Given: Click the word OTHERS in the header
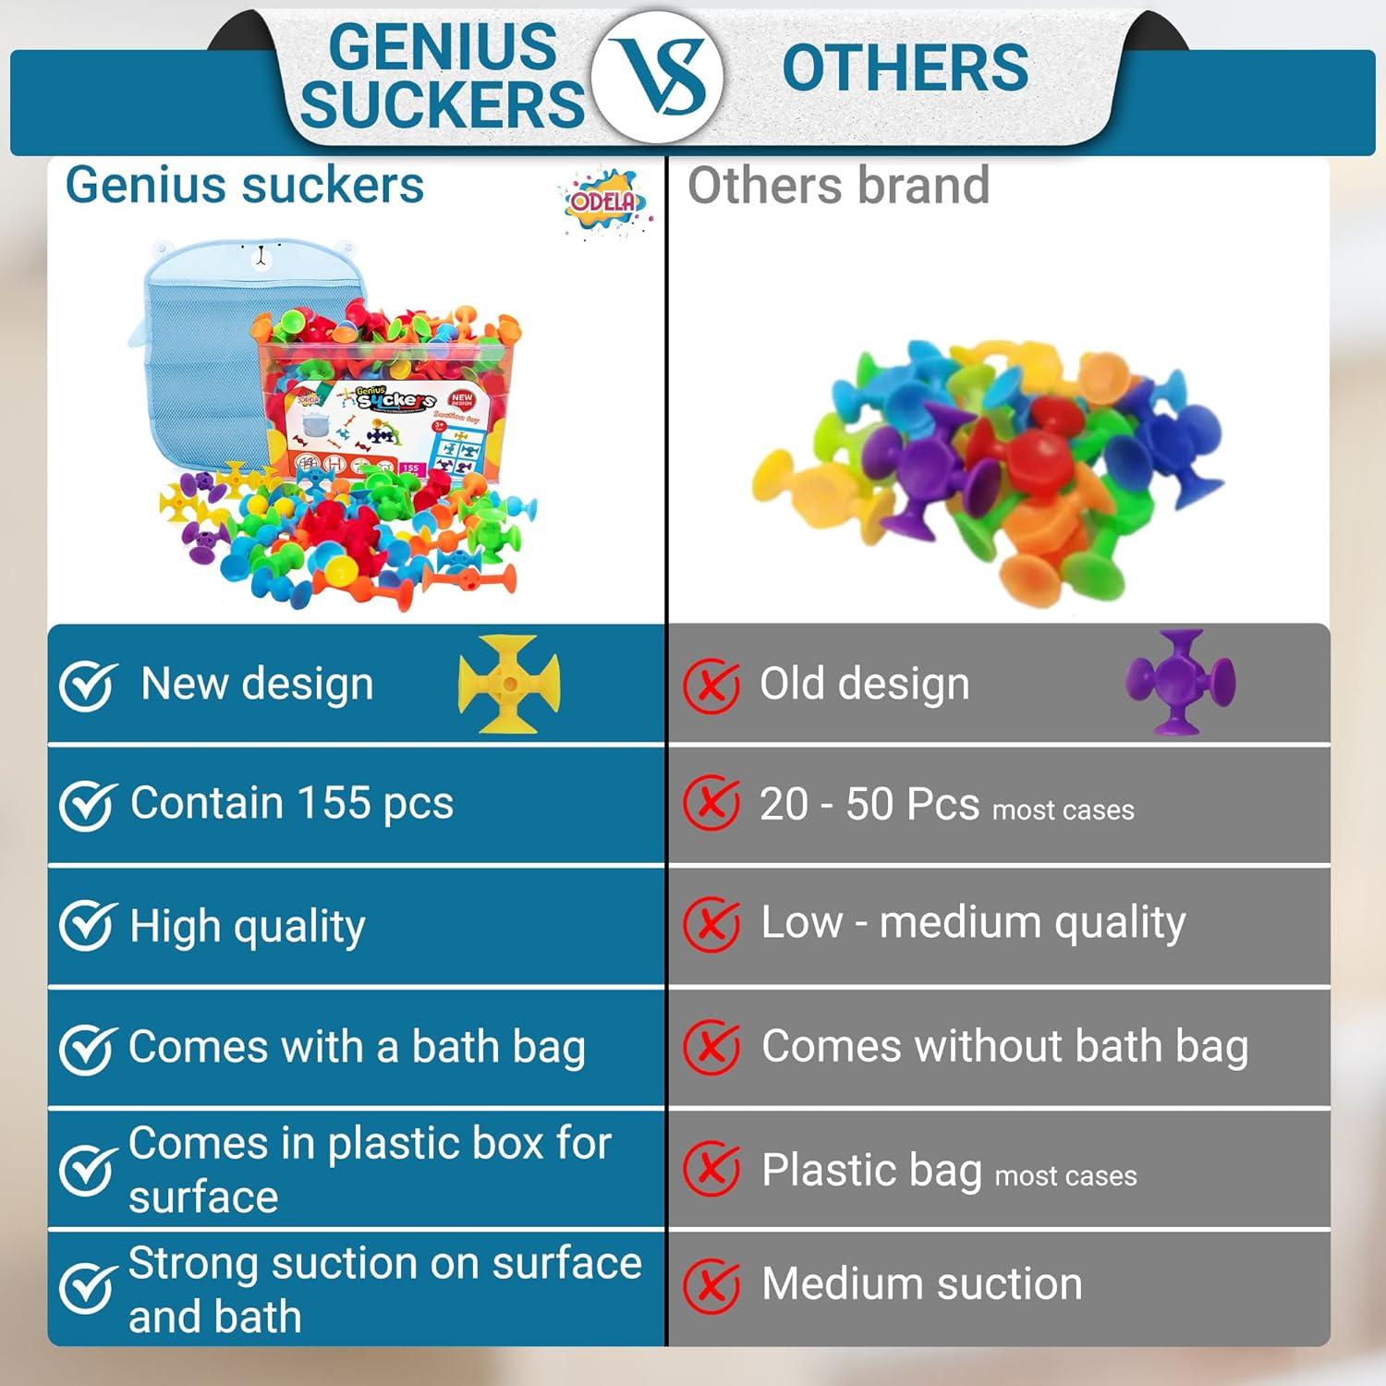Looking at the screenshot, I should point(905,67).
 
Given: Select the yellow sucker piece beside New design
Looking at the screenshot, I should point(509,684).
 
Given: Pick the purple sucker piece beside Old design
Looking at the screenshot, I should point(1180,682).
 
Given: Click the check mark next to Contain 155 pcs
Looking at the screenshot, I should point(87,805).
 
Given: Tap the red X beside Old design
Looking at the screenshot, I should point(711,687).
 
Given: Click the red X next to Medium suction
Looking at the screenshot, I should point(711,1285).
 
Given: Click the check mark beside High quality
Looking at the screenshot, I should point(87,926).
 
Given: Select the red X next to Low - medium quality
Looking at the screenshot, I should point(711,923).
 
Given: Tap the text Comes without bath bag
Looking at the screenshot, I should point(1004,1047).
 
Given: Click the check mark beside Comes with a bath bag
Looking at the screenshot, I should point(87,1048).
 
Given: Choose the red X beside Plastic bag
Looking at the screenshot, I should point(711,1169).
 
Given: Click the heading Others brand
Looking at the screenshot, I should point(838,186).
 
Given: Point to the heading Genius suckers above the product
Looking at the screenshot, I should point(245,186).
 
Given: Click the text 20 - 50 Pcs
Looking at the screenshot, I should point(869,804).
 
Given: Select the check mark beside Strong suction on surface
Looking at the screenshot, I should point(87,1288).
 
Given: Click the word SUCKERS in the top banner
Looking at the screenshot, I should point(442,103).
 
